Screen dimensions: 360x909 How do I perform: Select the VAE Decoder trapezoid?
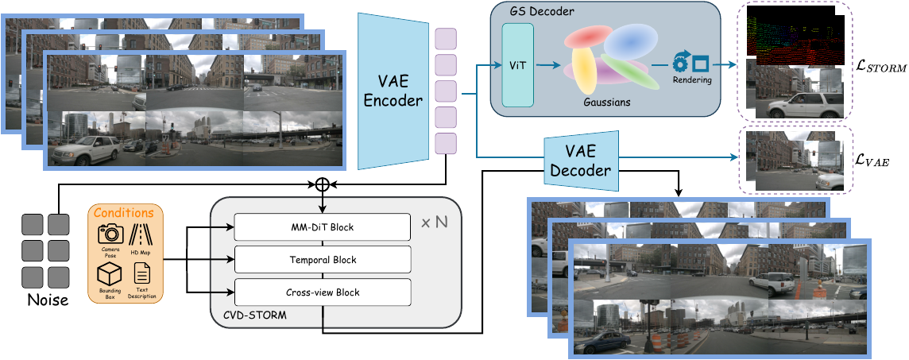click(581, 162)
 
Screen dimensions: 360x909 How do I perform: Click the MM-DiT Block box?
click(322, 227)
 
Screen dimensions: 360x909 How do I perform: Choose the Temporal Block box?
click(322, 260)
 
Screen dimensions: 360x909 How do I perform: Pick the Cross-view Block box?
click(322, 292)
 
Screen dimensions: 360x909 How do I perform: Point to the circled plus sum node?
click(322, 184)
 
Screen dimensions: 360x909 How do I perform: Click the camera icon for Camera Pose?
click(110, 234)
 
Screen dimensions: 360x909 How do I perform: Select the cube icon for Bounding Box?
click(109, 275)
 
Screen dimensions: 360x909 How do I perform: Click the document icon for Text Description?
click(141, 275)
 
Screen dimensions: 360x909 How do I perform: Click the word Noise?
click(48, 300)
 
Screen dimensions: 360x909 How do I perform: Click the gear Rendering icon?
click(682, 61)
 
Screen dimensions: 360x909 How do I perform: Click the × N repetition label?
click(435, 223)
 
